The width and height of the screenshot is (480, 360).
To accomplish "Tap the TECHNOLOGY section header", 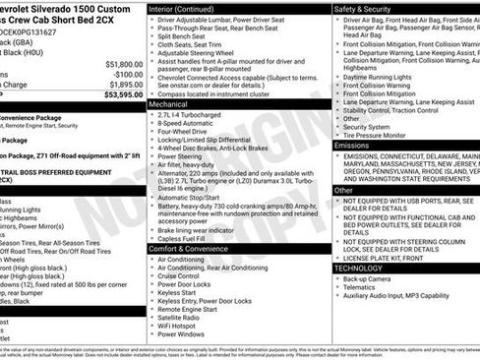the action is tap(358, 268).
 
